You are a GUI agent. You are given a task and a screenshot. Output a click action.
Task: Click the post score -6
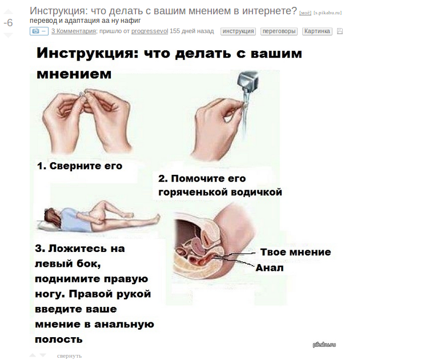pos(8,23)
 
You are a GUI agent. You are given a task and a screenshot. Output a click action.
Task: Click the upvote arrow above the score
pos(9,11)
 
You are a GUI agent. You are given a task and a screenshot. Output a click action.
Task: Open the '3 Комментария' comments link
pos(74,31)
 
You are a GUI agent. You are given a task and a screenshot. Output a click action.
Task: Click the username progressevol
pos(150,31)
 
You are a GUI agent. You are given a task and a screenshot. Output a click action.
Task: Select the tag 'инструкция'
pos(238,31)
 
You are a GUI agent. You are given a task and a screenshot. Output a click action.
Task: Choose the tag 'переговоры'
pos(279,31)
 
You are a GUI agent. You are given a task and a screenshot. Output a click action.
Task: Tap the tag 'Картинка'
pos(317,31)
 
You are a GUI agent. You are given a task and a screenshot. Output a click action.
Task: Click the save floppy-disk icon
pos(340,31)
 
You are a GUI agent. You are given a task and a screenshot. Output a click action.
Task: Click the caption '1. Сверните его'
pos(80,166)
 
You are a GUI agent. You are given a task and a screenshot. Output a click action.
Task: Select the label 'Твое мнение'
pos(295,252)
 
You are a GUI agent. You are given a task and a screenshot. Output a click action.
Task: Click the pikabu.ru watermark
pos(324,345)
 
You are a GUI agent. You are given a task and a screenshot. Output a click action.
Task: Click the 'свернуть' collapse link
pos(69,355)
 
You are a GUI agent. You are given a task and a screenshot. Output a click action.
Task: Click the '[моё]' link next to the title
pos(305,13)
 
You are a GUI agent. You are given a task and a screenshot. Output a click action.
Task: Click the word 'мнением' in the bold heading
pos(74,74)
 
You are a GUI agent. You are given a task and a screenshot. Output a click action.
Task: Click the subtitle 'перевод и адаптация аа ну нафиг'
pos(85,21)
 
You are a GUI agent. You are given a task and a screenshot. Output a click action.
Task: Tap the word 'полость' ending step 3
pos(59,339)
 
